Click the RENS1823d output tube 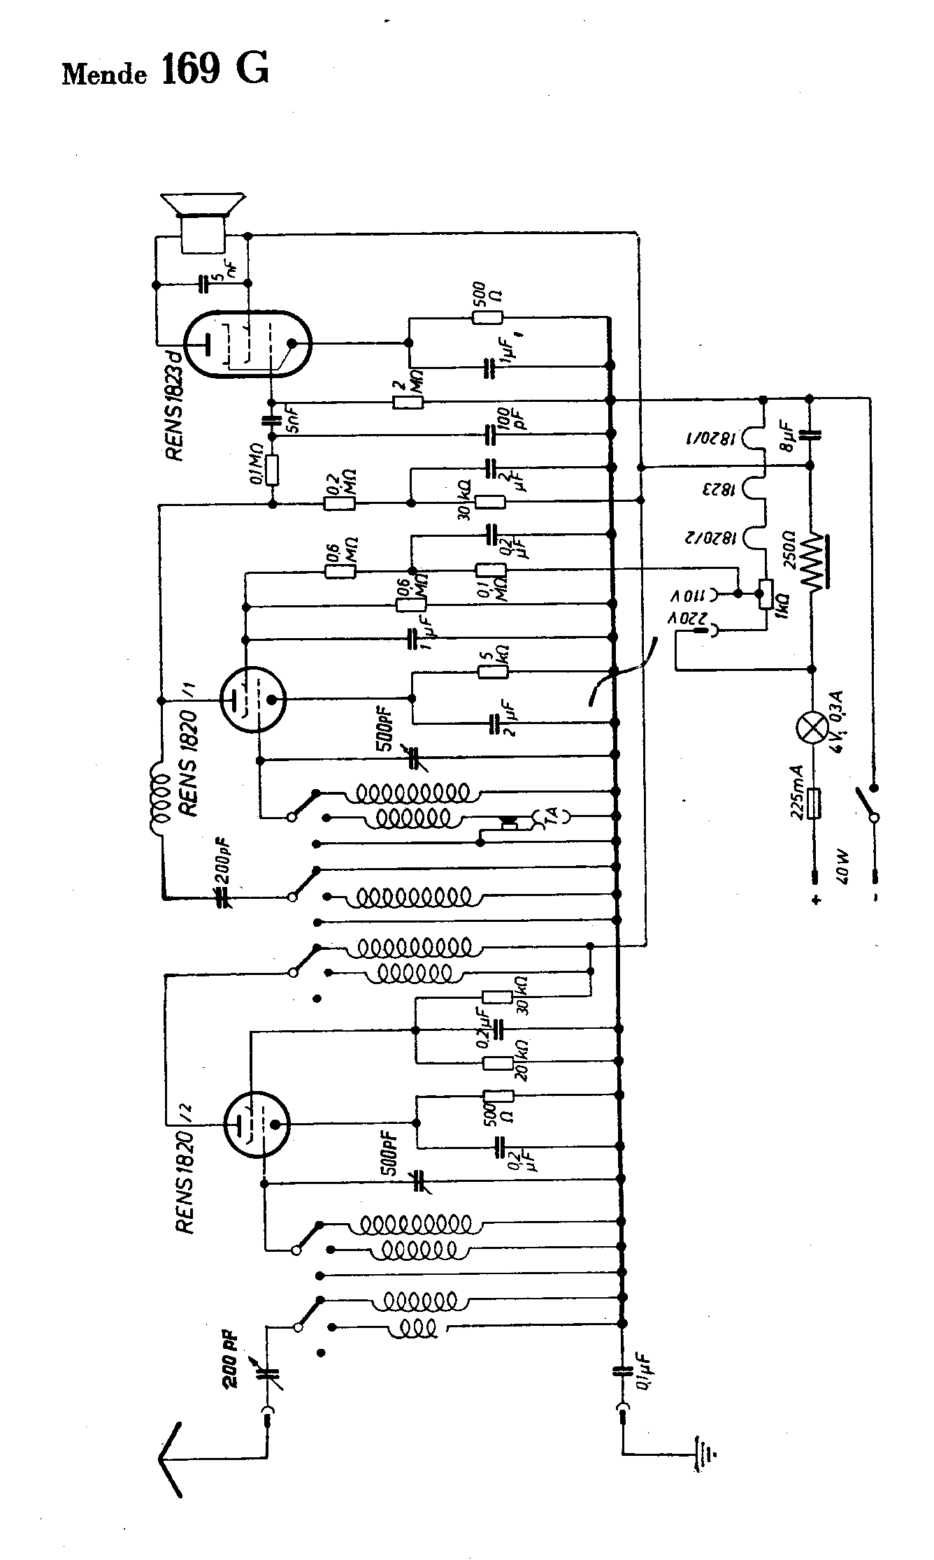pyautogui.click(x=247, y=344)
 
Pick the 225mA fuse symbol pyautogui.click(x=813, y=803)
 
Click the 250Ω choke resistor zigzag pyautogui.click(x=813, y=561)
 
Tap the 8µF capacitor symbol pyautogui.click(x=811, y=435)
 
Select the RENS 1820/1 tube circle pyautogui.click(x=252, y=698)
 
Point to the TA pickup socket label pyautogui.click(x=552, y=814)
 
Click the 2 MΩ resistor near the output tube pyautogui.click(x=408, y=402)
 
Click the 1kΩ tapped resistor pyautogui.click(x=766, y=593)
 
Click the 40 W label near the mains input pyautogui.click(x=842, y=875)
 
